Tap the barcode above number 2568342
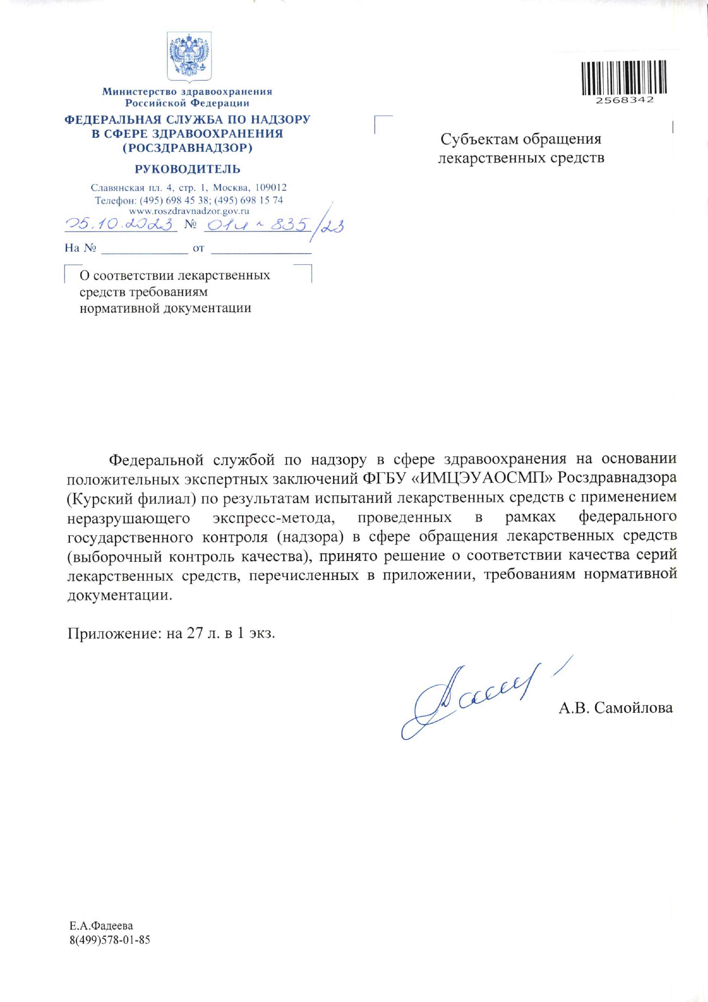tap(624, 78)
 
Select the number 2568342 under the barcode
tap(625, 100)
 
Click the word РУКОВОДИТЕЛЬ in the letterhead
tap(187, 169)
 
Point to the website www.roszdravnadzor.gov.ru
tap(189, 211)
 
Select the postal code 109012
tap(271, 188)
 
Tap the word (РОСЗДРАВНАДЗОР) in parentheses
tap(187, 148)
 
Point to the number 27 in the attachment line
tap(195, 633)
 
